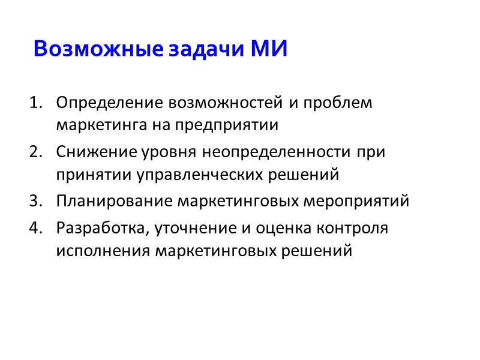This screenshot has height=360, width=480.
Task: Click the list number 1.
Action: pyautogui.click(x=34, y=103)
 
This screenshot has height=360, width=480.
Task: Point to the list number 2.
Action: pyautogui.click(x=34, y=152)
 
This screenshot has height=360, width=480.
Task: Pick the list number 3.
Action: pyautogui.click(x=34, y=202)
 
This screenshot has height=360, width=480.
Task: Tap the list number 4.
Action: pyautogui.click(x=34, y=229)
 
